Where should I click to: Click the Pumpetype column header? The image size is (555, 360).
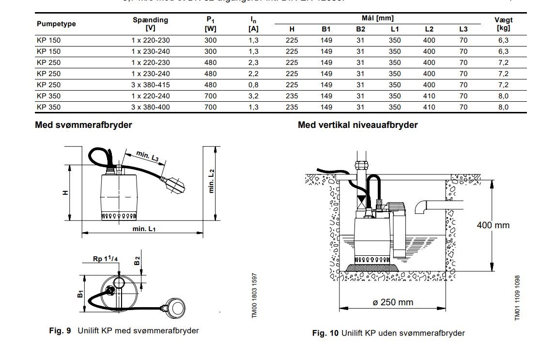click(x=56, y=24)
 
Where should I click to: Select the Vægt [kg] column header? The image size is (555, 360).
click(x=503, y=24)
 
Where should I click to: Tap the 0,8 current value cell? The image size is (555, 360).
click(x=253, y=85)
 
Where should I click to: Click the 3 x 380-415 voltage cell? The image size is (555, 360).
click(x=151, y=85)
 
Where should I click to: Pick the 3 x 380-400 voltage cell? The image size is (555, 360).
click(x=151, y=107)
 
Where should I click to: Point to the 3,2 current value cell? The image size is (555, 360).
click(x=253, y=96)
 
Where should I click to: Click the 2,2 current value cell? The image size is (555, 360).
click(x=253, y=74)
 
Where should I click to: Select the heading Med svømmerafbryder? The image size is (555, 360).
click(x=83, y=125)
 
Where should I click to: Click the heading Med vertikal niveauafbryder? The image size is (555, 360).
click(x=357, y=125)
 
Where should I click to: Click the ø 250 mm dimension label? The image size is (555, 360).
click(x=393, y=302)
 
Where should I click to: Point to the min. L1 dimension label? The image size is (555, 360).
click(x=144, y=229)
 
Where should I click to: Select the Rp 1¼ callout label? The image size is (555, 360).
click(x=106, y=259)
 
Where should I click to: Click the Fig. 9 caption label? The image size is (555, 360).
click(x=60, y=330)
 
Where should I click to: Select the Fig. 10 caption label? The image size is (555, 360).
click(x=325, y=333)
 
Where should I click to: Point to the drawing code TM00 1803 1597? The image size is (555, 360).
click(x=254, y=296)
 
